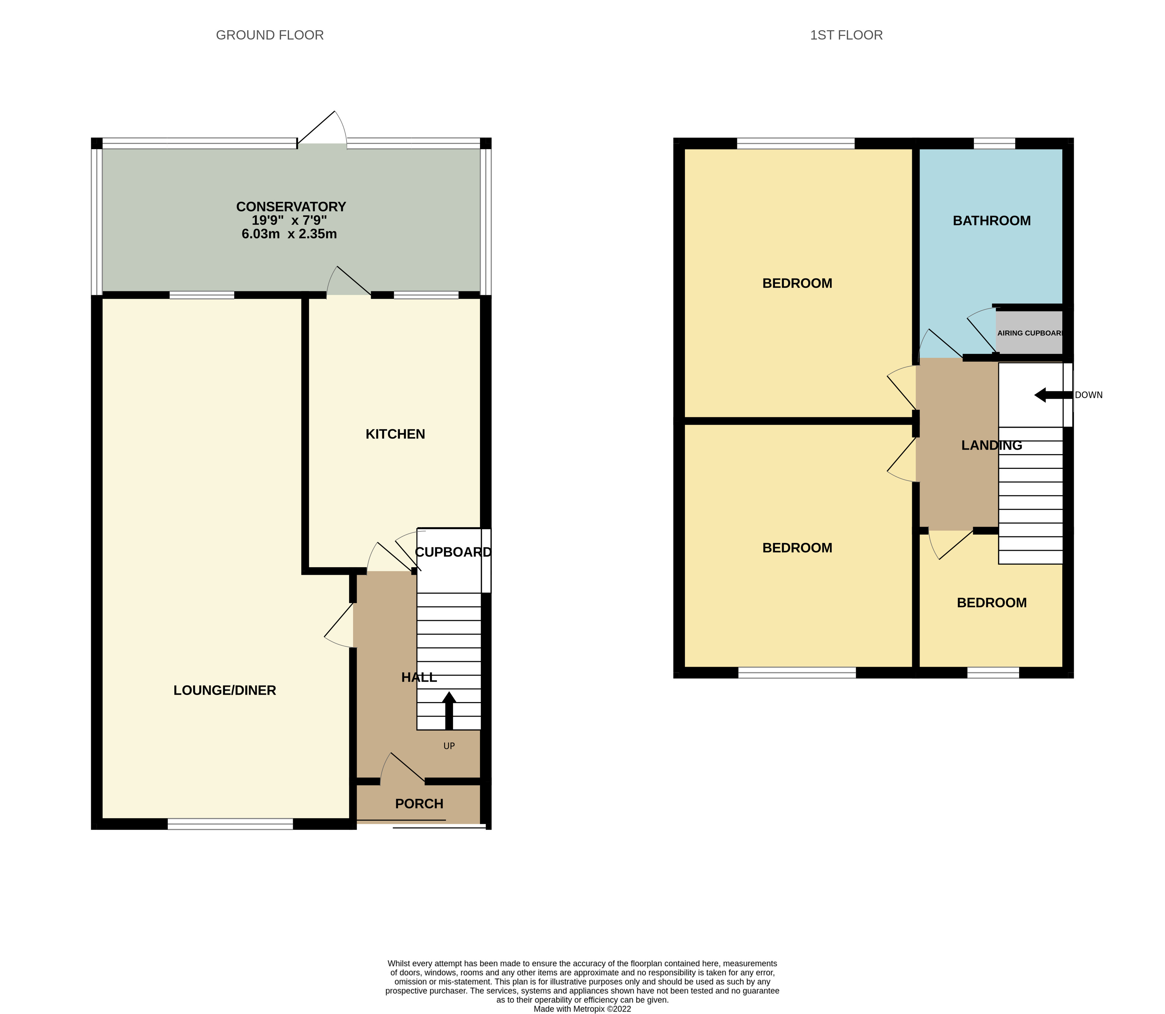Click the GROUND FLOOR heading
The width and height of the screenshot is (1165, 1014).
(269, 35)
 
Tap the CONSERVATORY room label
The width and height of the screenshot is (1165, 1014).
(291, 207)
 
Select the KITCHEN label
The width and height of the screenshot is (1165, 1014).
(395, 434)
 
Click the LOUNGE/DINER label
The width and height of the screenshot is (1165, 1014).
(225, 690)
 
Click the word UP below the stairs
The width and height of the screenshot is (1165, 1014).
(449, 746)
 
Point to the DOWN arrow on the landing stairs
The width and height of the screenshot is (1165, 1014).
(1052, 395)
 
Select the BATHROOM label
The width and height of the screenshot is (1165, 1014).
(991, 221)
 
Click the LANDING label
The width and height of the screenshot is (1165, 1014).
(991, 445)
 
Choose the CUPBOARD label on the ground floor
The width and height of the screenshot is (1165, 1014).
(453, 552)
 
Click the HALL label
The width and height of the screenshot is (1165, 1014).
(419, 677)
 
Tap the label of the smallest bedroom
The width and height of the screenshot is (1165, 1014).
(991, 603)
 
